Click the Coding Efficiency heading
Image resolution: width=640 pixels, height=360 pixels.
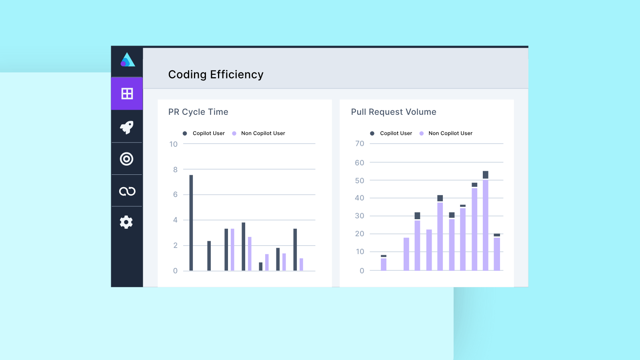coord(216,74)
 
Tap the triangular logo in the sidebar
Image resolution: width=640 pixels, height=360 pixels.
coord(128,60)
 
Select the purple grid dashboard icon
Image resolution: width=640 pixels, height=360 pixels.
coord(127,94)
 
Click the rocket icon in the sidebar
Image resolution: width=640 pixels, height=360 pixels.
coord(127,127)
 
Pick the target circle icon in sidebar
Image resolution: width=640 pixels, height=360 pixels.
coord(127,159)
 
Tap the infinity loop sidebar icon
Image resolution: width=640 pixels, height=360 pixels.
coord(127,191)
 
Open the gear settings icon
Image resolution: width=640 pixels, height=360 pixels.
coord(126,222)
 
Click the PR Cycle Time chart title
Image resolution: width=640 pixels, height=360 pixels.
coord(198,112)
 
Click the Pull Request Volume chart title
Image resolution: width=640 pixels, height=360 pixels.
coord(393,112)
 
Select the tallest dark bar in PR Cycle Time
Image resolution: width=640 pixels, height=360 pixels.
coord(191,222)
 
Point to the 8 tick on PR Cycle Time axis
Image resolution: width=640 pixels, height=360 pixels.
coord(175,170)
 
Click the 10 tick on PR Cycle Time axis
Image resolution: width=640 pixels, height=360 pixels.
coord(173,144)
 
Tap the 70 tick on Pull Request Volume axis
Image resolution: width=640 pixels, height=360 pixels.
coord(360,144)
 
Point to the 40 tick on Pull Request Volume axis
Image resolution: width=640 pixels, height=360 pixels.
coord(360,198)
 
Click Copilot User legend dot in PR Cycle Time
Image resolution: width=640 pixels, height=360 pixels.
coord(185,134)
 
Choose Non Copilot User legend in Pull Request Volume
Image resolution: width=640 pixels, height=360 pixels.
coord(450,133)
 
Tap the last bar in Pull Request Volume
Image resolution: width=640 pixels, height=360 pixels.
coord(497,253)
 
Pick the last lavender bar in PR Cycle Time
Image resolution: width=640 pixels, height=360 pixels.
coord(301,264)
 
